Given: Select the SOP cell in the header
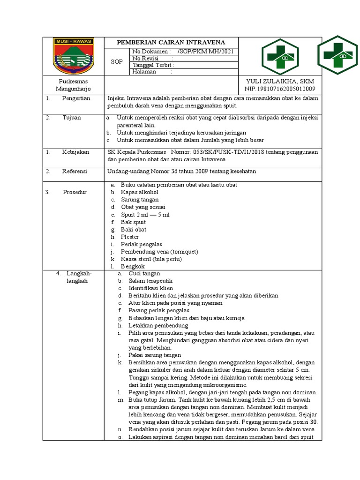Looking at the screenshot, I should [x=117, y=61].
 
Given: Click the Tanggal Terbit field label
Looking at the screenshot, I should [x=153, y=65].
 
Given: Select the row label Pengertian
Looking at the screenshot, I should [x=75, y=98].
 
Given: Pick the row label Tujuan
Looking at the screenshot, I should [x=72, y=118].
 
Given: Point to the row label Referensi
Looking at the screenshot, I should [x=75, y=172].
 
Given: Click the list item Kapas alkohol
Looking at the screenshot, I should [x=139, y=192].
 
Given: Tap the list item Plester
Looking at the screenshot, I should [x=129, y=237].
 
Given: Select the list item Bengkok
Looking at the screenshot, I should [x=133, y=266].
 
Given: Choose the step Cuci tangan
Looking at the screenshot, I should [x=144, y=273].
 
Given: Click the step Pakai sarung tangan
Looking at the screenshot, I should [x=155, y=355].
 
